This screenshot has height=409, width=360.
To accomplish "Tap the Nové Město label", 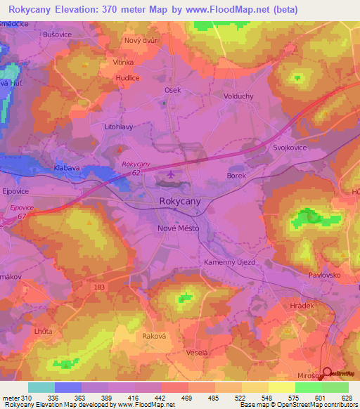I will (177, 228).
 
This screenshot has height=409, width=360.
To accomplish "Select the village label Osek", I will (172, 90).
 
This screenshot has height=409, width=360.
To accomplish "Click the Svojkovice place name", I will (290, 149).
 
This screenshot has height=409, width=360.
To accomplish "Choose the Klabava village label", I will (67, 169).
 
